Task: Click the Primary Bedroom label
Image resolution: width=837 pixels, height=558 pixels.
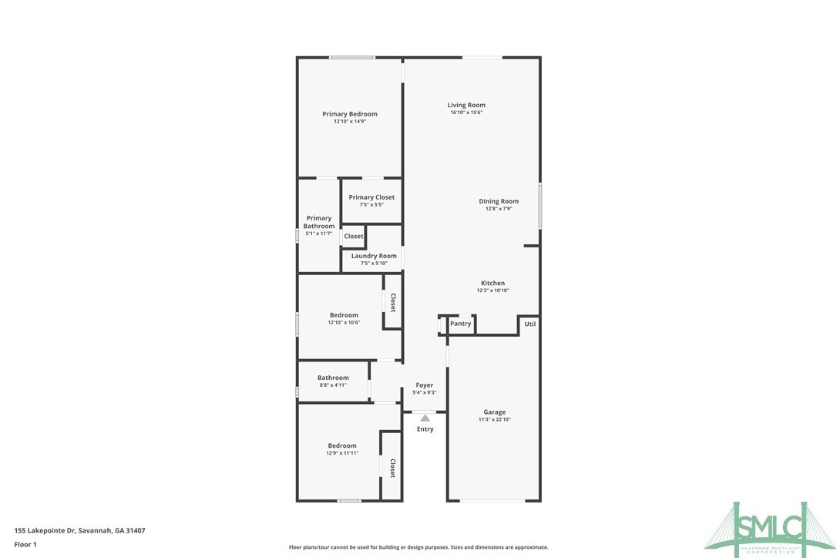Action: pos(349,114)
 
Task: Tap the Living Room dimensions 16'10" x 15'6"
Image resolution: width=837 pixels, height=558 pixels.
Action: pos(466,113)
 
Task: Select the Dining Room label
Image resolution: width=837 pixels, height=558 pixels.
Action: pos(499,201)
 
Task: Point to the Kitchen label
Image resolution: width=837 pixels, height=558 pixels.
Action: pos(492,283)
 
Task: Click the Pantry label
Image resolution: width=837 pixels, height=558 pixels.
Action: pos(460,324)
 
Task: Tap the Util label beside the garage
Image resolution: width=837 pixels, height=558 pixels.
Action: pos(529,324)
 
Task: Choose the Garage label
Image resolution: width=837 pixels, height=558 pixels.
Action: pos(494,412)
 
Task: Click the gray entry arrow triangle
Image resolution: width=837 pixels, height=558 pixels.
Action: pos(425,417)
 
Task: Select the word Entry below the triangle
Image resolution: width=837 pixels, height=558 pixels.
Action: pos(425,429)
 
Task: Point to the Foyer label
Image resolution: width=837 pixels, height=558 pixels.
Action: pos(424,385)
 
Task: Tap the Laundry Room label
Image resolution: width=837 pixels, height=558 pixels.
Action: pos(374,256)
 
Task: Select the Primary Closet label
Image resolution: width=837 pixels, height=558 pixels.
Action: pos(371,197)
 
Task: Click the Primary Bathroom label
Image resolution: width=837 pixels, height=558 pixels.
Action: pos(319,222)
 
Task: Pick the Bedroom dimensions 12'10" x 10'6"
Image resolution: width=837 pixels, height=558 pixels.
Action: pos(344,322)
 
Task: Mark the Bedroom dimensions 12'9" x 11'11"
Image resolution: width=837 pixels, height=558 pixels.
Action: pos(342,453)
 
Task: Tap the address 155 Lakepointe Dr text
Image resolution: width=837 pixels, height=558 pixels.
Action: pos(80,530)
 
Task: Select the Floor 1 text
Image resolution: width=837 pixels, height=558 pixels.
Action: pos(25,544)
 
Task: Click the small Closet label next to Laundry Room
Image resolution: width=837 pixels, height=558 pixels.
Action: pos(353,236)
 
